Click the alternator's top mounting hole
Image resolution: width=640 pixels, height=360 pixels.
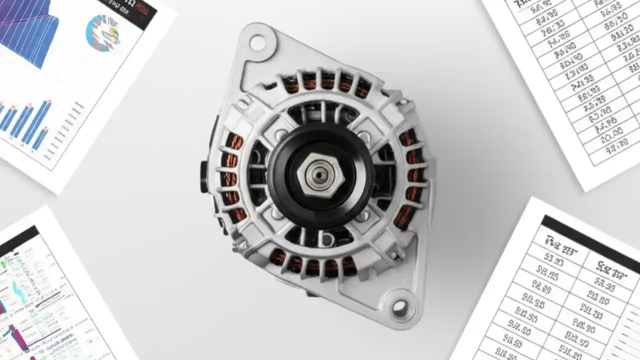pyautogui.click(x=257, y=43)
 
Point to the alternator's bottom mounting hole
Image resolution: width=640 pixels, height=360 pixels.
pyautogui.click(x=400, y=306)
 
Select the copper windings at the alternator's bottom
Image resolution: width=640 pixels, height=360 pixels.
pyautogui.click(x=312, y=264)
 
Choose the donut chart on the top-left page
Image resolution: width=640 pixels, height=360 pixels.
pyautogui.click(x=102, y=33)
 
